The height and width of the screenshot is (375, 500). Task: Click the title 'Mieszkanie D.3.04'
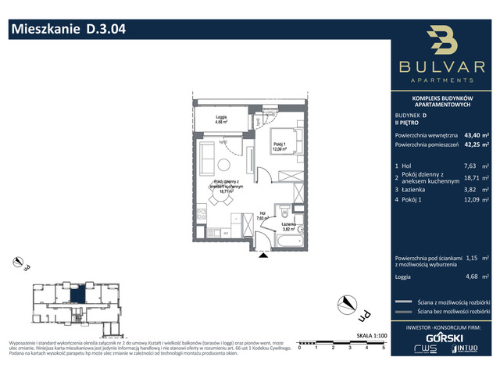(x=66, y=30)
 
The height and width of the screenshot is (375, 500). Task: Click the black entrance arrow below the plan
(x=262, y=253)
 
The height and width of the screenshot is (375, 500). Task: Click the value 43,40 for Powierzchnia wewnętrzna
(x=473, y=134)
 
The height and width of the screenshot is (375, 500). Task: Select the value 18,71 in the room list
(x=473, y=178)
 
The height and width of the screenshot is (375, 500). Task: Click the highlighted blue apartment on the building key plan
(x=80, y=295)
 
